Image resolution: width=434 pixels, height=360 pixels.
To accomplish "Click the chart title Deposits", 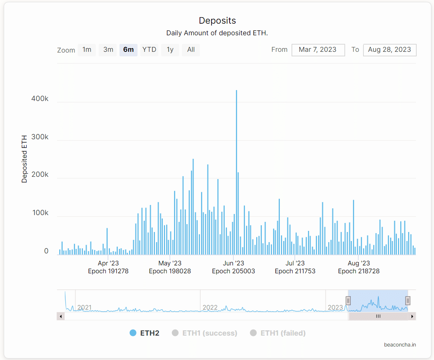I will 217,21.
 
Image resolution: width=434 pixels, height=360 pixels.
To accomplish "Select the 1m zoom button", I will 87,50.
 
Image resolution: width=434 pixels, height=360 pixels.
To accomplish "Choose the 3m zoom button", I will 108,50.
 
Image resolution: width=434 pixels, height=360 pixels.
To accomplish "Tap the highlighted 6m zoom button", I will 128,50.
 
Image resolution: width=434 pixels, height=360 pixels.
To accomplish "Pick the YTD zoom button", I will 149,50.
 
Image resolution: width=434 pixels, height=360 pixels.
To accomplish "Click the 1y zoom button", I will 170,50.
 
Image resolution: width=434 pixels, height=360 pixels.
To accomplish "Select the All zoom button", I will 191,50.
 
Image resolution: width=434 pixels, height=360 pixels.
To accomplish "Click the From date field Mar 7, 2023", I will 318,50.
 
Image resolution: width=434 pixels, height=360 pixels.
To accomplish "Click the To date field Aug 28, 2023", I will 389,50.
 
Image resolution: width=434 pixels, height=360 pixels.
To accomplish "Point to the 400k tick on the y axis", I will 41,99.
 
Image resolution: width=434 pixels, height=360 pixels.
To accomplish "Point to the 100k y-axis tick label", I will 41,213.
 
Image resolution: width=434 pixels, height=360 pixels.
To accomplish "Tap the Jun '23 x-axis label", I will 233,264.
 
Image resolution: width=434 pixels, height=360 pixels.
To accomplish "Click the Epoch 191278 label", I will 108,271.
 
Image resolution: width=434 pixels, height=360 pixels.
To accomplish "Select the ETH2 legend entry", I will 145,333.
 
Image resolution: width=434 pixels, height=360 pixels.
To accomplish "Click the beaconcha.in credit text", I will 399,345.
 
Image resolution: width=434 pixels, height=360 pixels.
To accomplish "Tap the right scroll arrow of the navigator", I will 412,316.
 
